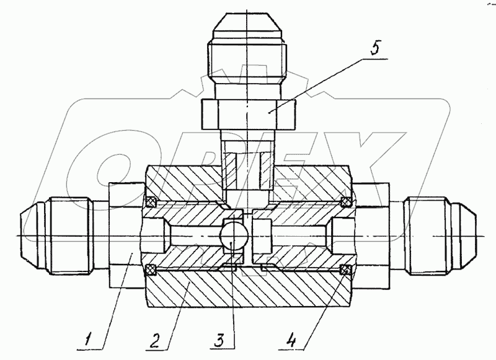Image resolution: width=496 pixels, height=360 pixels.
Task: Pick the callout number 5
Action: point(374,48)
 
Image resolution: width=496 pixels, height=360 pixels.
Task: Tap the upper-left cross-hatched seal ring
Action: point(152,201)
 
